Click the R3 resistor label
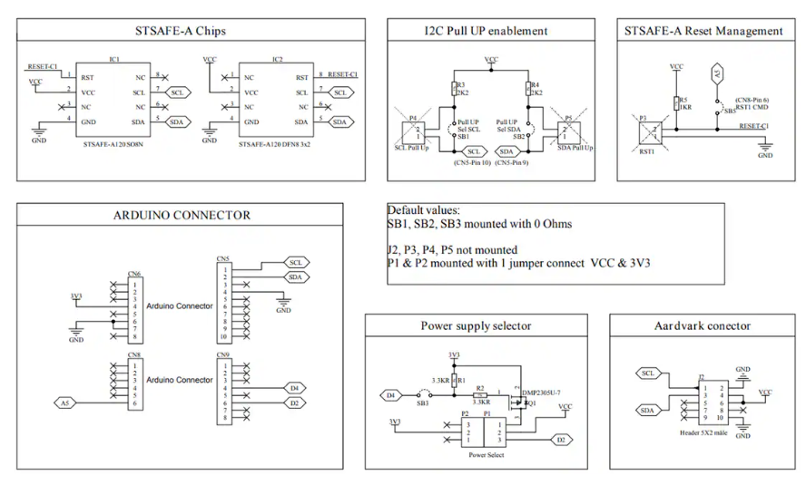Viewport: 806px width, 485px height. [461, 84]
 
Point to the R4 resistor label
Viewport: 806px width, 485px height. [536, 84]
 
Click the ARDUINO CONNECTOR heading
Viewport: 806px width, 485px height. [181, 216]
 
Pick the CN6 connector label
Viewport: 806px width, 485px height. [133, 274]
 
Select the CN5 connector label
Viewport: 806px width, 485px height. [222, 258]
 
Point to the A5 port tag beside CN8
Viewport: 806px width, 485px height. [64, 402]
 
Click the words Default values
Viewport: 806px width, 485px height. [424, 210]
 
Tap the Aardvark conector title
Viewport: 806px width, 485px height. [703, 325]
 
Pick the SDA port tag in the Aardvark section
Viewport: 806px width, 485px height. [648, 410]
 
